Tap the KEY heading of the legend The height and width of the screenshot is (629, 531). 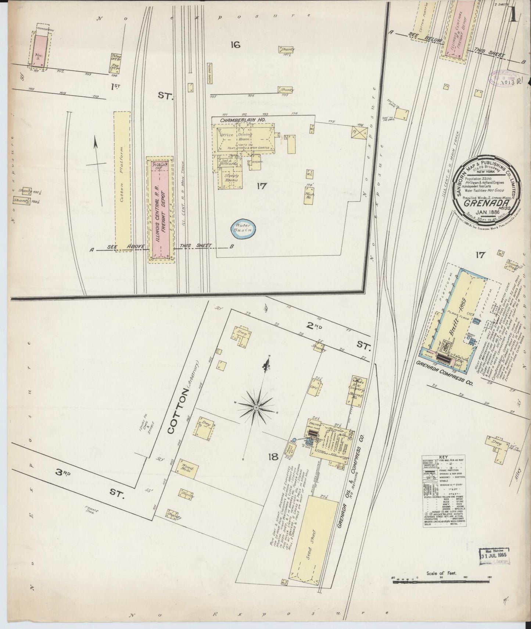(444, 457)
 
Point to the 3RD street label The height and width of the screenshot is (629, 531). (63, 473)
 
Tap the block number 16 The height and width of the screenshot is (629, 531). (235, 45)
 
